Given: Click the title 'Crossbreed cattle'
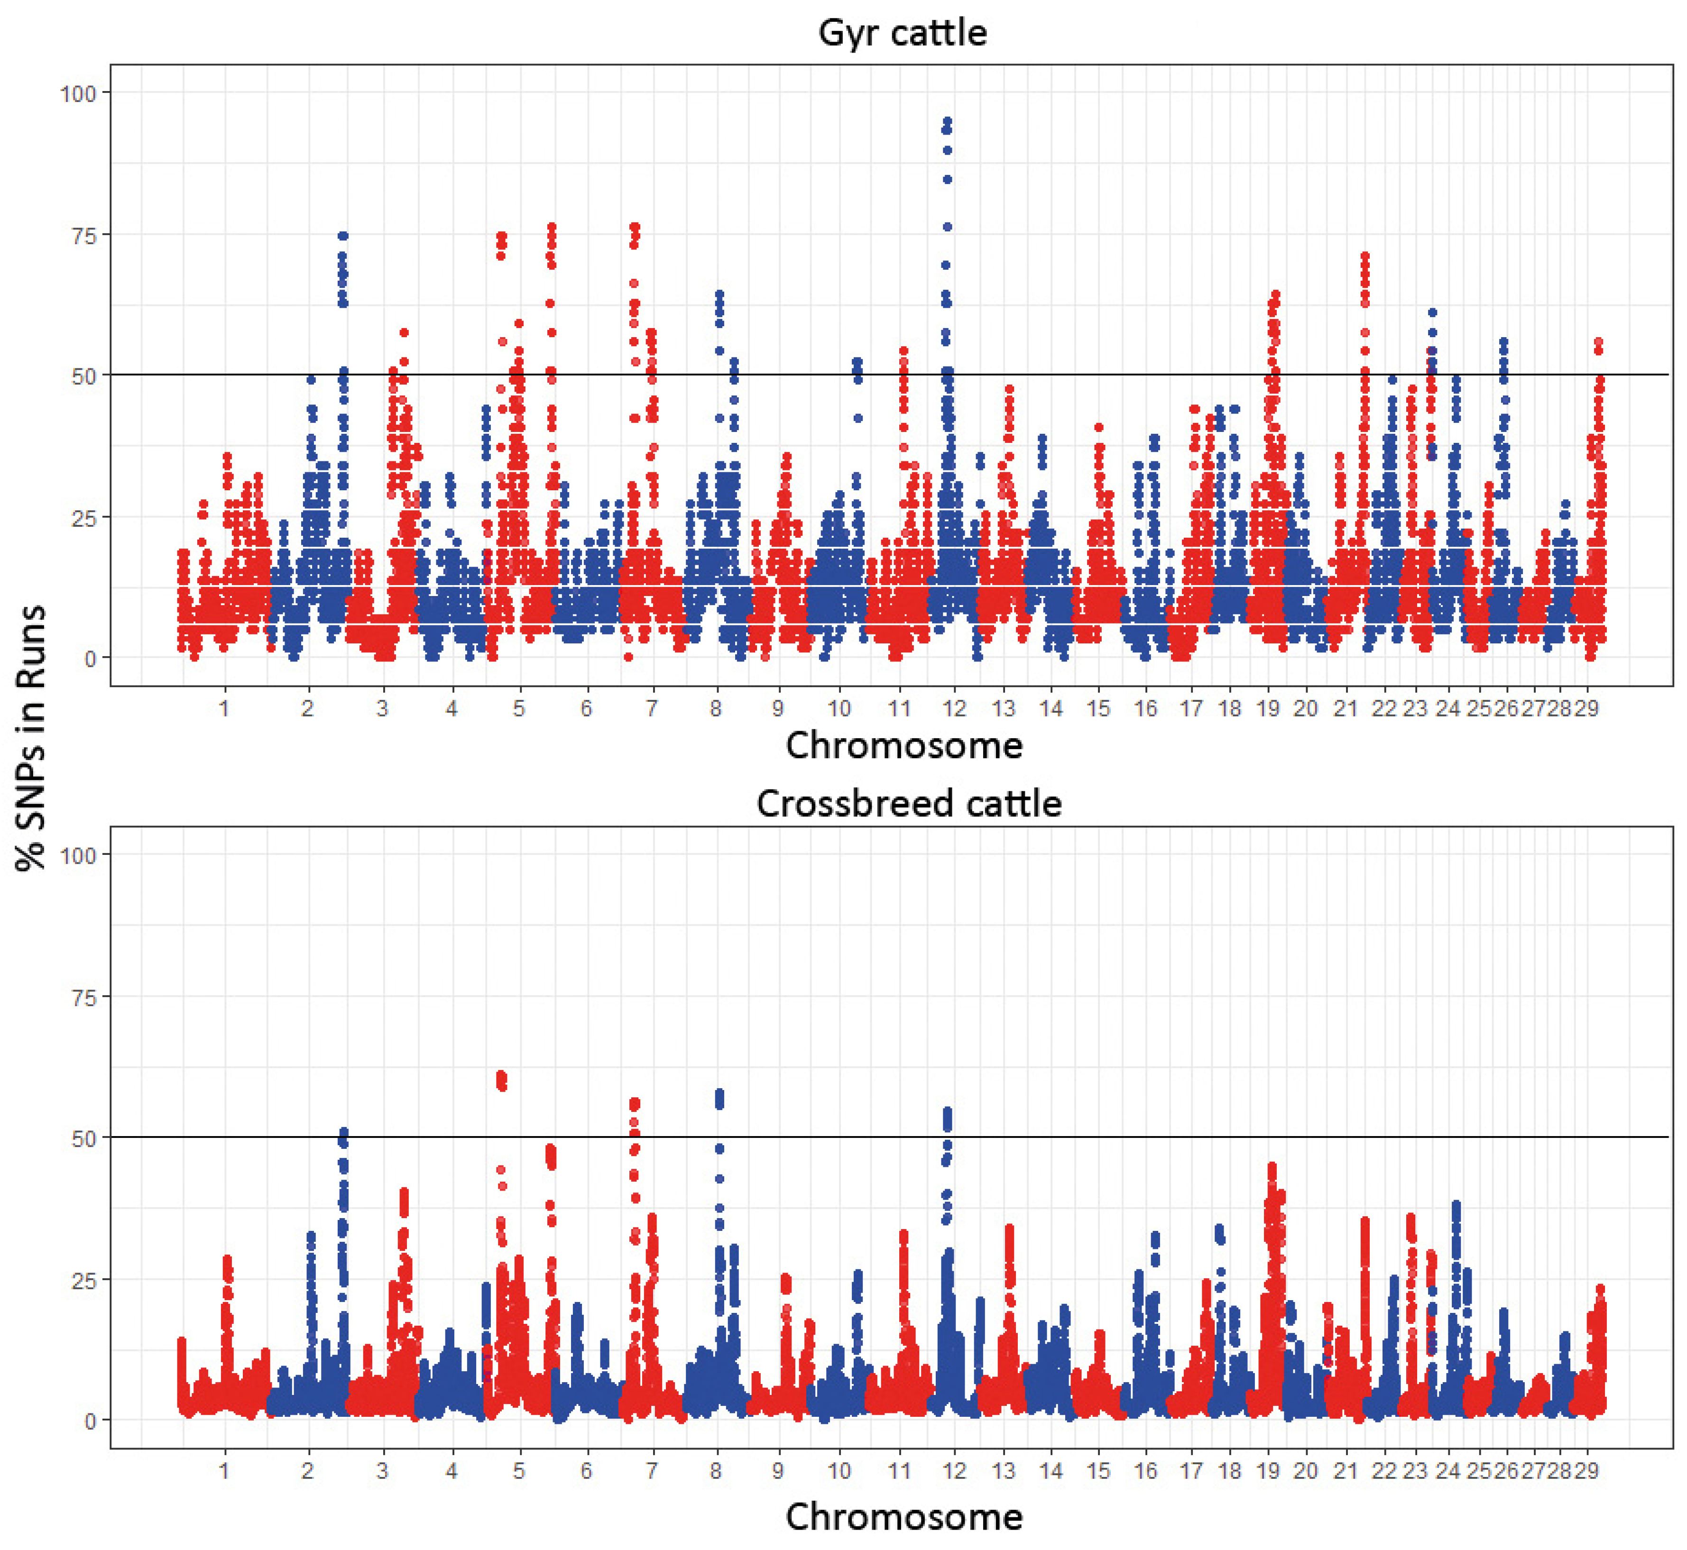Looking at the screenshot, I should [909, 804].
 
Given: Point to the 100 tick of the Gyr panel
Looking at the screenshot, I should [78, 93].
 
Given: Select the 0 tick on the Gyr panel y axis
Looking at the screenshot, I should [90, 659].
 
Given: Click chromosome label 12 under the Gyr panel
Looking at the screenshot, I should [954, 709].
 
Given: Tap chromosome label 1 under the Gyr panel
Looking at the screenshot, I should [224, 709].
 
